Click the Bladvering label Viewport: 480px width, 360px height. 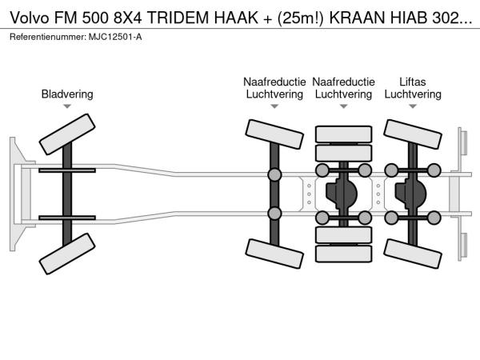coord(67,94)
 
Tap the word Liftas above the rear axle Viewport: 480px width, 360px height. coord(412,82)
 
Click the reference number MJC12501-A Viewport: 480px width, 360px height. coord(115,37)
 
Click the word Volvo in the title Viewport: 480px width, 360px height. coord(30,18)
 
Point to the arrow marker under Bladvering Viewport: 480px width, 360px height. coord(67,106)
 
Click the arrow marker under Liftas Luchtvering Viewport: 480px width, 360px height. coord(413,106)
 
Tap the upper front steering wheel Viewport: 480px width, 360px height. coord(67,134)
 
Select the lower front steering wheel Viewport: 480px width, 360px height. coord(67,254)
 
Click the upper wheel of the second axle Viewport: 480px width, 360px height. coord(274,134)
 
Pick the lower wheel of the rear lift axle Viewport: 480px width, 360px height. coord(413,254)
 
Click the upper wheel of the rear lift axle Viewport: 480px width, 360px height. coord(413,134)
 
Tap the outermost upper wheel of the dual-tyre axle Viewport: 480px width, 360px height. coord(344,134)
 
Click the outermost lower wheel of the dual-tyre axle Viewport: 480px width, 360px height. coord(344,254)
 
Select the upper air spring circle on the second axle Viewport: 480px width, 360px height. coord(274,174)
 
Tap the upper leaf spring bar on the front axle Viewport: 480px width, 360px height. coord(67,170)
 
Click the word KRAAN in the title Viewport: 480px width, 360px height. coord(357,18)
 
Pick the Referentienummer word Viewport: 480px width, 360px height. coord(48,37)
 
